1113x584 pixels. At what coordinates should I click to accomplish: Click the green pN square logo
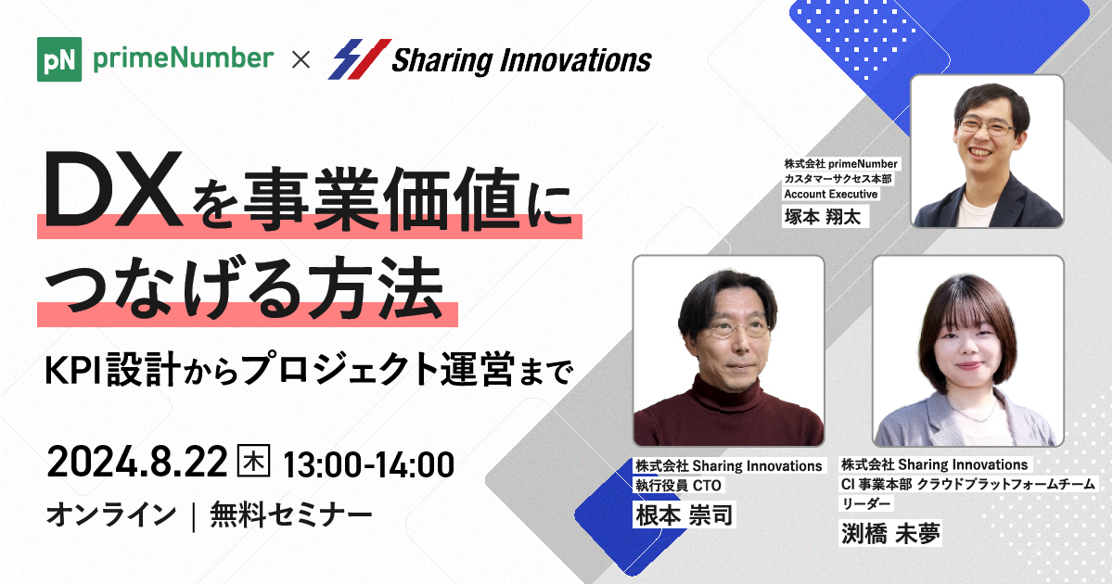[x=59, y=59]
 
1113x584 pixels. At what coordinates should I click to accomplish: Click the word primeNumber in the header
[x=184, y=58]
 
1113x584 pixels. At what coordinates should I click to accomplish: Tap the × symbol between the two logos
[x=301, y=60]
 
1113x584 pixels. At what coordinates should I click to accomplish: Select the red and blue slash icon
[x=359, y=59]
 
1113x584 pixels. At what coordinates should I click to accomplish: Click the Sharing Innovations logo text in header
[x=521, y=60]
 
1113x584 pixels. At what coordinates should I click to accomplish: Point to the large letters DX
[x=113, y=189]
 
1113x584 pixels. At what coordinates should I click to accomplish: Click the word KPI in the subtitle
[x=73, y=371]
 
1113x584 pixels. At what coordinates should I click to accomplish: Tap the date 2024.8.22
[x=137, y=463]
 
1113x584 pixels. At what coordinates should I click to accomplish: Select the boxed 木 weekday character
[x=254, y=461]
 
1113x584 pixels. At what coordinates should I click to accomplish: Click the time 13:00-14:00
[x=368, y=464]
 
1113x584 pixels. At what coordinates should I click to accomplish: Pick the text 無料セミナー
[x=291, y=515]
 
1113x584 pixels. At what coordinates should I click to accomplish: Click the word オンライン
[x=110, y=515]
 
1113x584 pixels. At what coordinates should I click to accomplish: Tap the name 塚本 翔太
[x=823, y=217]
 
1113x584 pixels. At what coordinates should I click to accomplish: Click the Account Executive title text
[x=831, y=194]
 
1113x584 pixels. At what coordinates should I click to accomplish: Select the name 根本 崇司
[x=684, y=515]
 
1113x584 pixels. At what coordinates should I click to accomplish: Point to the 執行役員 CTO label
[x=678, y=485]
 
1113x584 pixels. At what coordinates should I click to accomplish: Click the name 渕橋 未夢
[x=889, y=534]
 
